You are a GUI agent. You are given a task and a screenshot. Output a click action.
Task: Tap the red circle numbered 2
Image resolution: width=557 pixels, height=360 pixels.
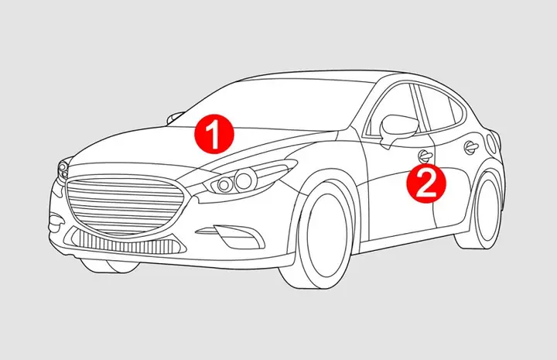(x=427, y=184)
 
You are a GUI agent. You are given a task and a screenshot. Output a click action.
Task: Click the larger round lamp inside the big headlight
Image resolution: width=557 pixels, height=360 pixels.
(x=246, y=180)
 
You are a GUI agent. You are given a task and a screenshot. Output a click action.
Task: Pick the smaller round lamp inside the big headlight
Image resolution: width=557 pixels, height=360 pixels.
(x=225, y=184)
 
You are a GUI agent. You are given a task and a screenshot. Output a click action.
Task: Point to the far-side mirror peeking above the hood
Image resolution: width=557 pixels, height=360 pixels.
(x=176, y=116)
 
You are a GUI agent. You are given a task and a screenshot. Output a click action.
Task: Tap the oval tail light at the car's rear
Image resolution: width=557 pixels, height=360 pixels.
(x=493, y=143)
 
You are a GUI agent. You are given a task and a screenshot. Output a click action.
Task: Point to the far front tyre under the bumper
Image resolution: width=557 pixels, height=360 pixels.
(x=101, y=266)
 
